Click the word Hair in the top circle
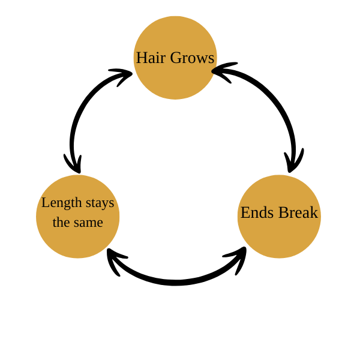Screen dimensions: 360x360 pyautogui.click(x=150, y=58)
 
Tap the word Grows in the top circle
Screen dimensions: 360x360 pyautogui.click(x=191, y=58)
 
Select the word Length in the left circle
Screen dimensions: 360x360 pyautogui.click(x=61, y=203)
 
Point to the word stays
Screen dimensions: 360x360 pyautogui.click(x=100, y=203)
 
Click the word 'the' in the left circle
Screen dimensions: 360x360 pyautogui.click(x=61, y=222)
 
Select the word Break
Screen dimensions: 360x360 pyautogui.click(x=298, y=212)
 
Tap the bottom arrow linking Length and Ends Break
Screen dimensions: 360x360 pyautogui.click(x=175, y=281)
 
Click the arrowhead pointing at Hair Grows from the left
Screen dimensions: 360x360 pyautogui.click(x=122, y=76)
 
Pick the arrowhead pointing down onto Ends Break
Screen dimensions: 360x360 pyautogui.click(x=293, y=162)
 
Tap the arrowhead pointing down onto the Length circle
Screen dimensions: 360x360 pyautogui.click(x=74, y=163)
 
